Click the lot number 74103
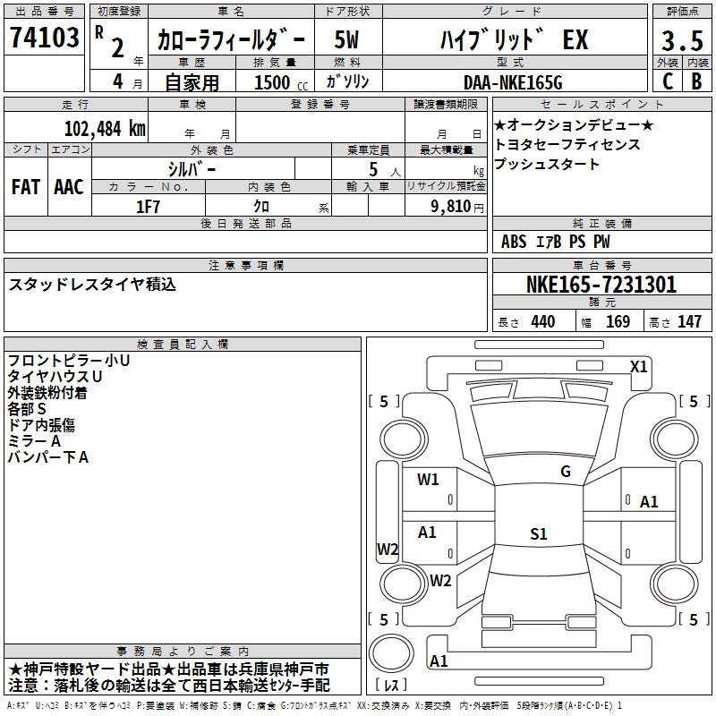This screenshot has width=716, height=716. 44,37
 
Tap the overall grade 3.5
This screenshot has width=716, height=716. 682,40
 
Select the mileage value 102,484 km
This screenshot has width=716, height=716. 105,129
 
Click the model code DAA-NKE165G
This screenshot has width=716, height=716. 513,82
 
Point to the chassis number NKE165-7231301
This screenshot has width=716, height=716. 601,285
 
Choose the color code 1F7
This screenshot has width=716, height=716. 148,207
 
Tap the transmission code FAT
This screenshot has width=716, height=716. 26,187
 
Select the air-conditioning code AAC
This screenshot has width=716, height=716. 69,187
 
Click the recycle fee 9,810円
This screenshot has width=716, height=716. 457,207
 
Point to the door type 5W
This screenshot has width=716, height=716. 346,39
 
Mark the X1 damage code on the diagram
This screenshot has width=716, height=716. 638,367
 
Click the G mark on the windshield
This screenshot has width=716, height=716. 566,471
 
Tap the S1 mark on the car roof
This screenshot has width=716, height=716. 539,533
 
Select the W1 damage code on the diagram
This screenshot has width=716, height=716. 428,480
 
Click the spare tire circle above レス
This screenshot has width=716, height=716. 391,653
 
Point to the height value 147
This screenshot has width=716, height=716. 689,321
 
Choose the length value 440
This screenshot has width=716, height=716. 543,321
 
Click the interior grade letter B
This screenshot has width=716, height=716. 696,81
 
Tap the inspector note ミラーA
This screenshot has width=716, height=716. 34,441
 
